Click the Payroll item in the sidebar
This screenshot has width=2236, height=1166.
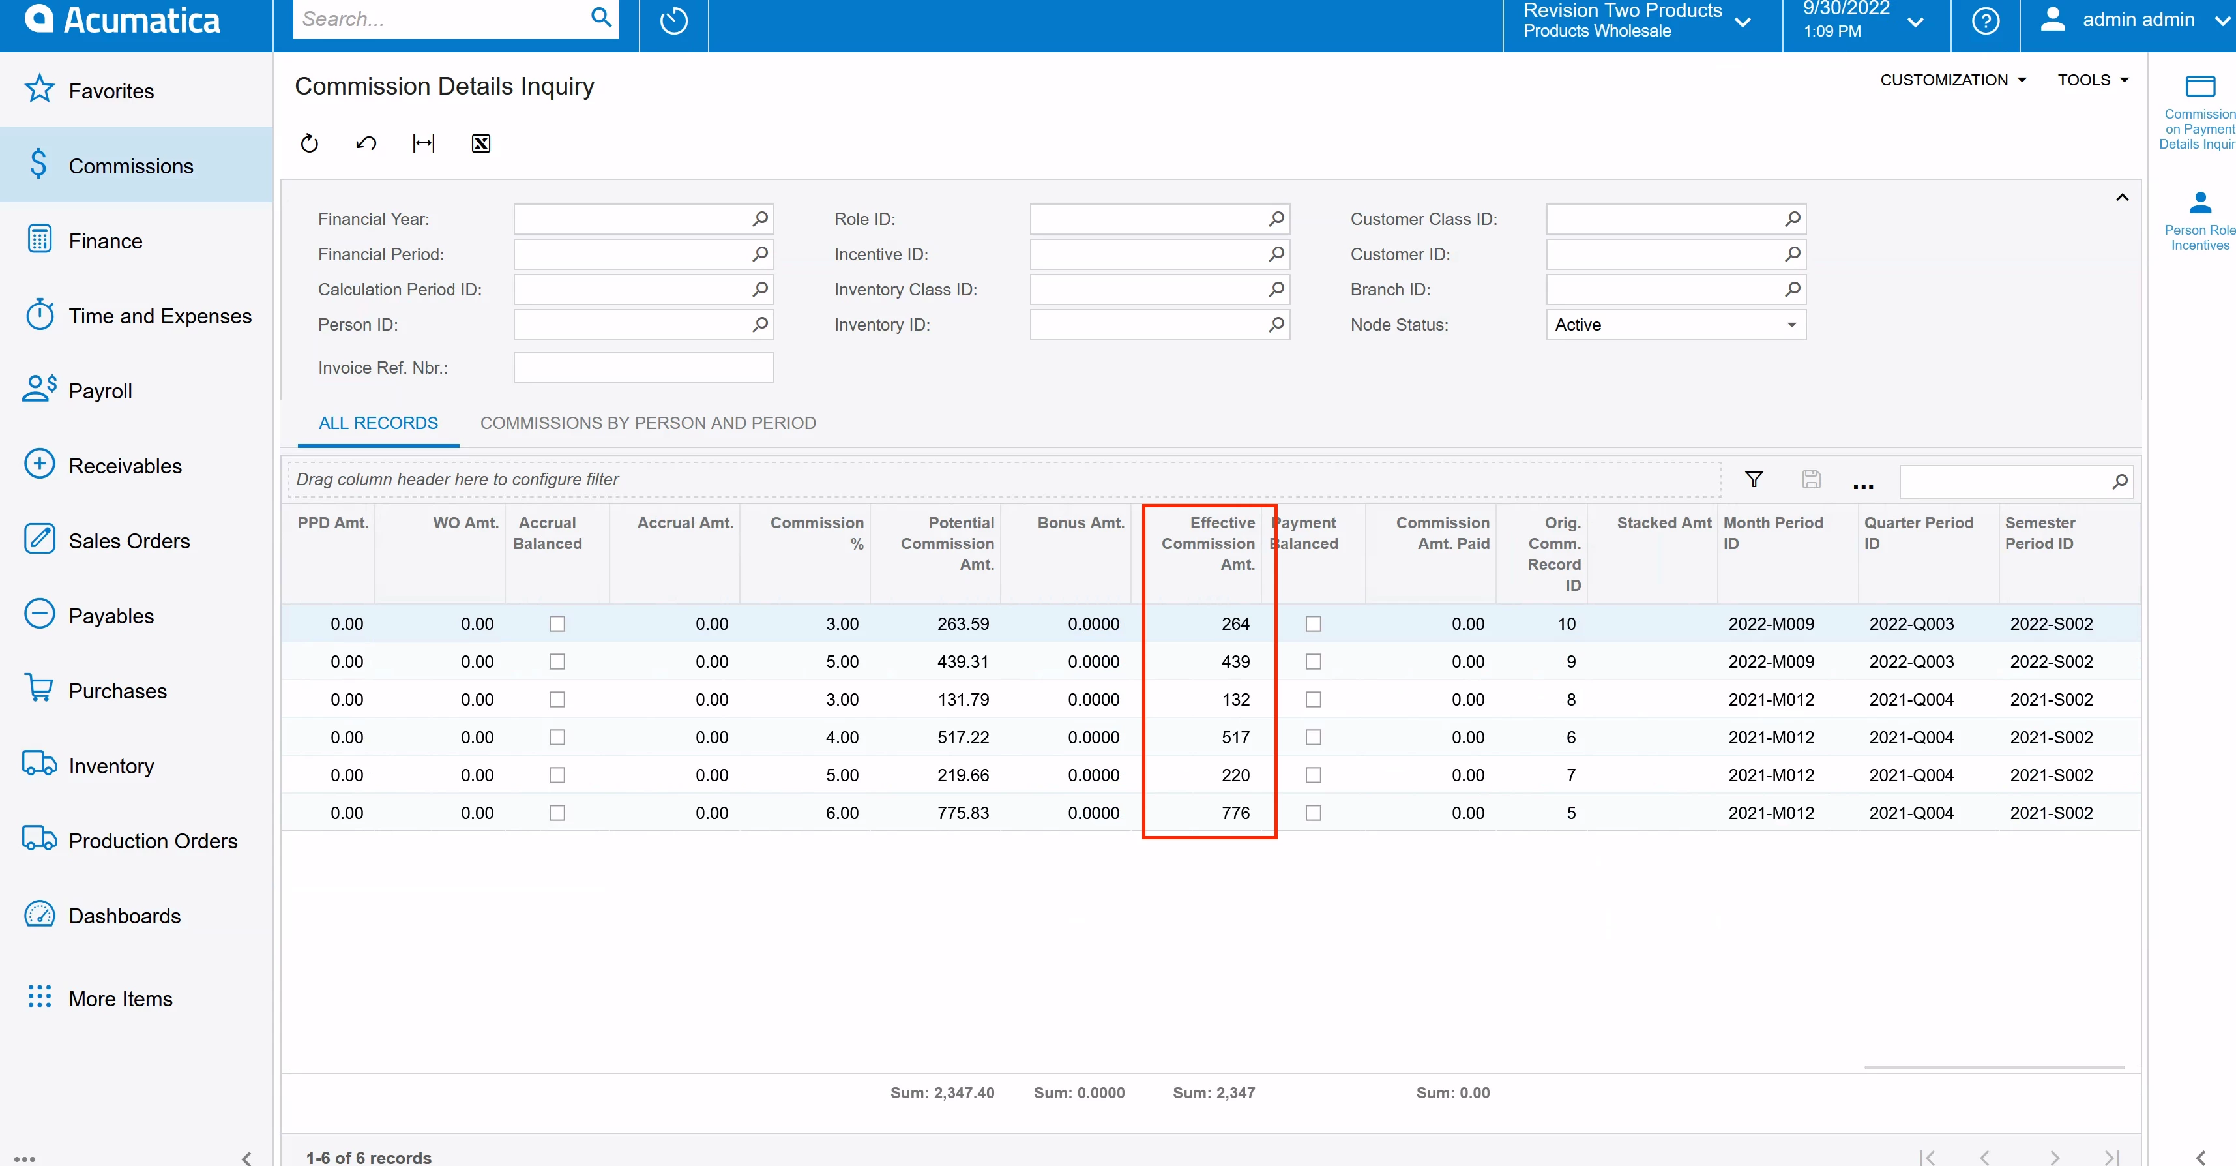pyautogui.click(x=100, y=391)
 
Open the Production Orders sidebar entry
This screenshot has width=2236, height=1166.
pyautogui.click(x=152, y=841)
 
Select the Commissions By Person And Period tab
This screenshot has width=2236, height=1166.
pyautogui.click(x=647, y=423)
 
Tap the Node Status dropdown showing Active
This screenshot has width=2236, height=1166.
pyautogui.click(x=1675, y=325)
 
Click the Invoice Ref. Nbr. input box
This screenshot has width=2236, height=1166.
pyautogui.click(x=643, y=367)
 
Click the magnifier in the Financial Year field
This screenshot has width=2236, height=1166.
pyautogui.click(x=759, y=218)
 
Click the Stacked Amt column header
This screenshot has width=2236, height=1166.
pyautogui.click(x=1663, y=522)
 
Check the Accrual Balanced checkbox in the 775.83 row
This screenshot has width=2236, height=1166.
pyautogui.click(x=557, y=813)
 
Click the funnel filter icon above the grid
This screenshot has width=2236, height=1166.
pyautogui.click(x=1754, y=479)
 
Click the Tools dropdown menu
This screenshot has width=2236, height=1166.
pyautogui.click(x=2092, y=80)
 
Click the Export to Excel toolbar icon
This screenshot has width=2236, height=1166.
pyautogui.click(x=481, y=143)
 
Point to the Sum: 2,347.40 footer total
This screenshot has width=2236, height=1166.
pyautogui.click(x=942, y=1093)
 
